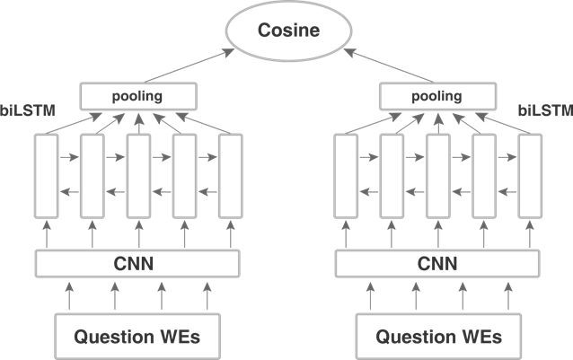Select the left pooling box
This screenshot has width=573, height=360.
[137, 95]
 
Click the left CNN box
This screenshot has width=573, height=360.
[137, 264]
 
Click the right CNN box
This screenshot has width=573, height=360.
[437, 264]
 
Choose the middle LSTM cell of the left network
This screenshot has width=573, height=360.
[138, 175]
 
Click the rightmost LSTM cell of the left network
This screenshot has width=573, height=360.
[231, 175]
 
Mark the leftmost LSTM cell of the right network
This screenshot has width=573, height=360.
[345, 175]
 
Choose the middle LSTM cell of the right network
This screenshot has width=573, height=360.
[437, 175]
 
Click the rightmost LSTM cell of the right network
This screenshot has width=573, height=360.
[530, 175]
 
